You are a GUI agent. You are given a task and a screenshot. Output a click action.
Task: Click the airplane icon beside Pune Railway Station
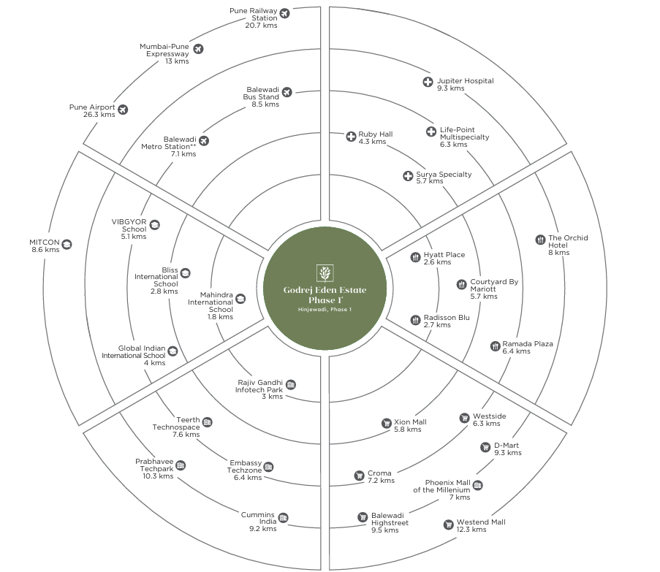[x=284, y=12]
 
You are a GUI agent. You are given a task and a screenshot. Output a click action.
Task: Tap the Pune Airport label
[x=92, y=107]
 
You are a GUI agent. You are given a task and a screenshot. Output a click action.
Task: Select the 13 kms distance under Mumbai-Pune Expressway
[x=177, y=61]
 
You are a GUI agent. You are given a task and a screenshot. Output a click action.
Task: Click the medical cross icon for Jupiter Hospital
[x=428, y=82]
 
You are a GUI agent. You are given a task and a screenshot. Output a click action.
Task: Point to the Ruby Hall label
[x=375, y=134]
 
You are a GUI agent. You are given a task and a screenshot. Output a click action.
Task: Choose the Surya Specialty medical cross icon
[x=408, y=175]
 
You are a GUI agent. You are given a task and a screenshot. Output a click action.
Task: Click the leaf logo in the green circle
[x=325, y=273]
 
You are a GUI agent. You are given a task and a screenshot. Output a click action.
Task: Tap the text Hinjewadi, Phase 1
[x=325, y=310]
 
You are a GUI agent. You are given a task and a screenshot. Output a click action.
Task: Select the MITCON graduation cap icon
[x=67, y=244]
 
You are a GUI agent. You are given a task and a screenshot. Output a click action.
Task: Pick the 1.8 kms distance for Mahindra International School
[x=220, y=317]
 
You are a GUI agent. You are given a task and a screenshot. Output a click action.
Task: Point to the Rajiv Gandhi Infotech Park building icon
[x=291, y=384]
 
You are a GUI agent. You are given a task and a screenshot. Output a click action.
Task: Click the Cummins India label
[x=259, y=519]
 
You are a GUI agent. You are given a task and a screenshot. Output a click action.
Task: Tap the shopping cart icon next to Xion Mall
[x=387, y=423]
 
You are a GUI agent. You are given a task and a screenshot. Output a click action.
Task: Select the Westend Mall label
[x=480, y=522]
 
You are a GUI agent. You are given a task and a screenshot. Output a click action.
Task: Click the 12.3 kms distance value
[x=472, y=530]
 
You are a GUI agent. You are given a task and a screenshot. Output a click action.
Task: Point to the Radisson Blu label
[x=446, y=318]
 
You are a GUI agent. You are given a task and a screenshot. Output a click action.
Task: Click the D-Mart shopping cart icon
[x=485, y=447]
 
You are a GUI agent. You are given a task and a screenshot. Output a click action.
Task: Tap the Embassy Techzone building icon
[x=269, y=467]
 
